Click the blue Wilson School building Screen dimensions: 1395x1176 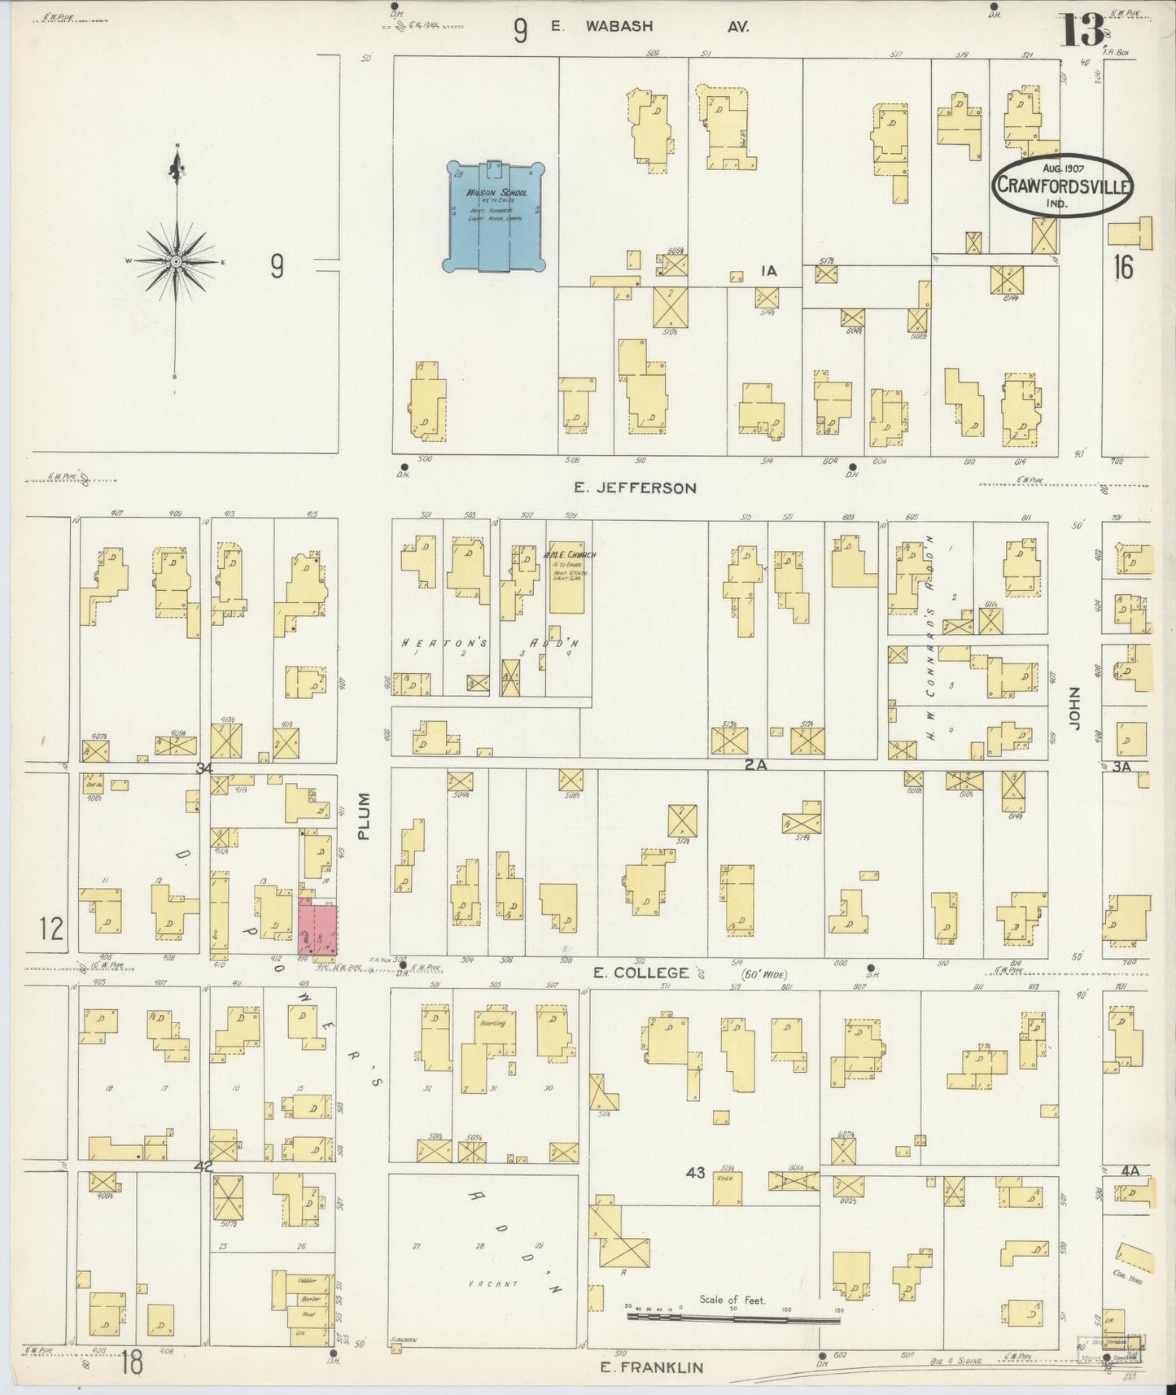click(x=493, y=216)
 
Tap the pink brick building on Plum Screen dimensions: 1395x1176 click(x=317, y=927)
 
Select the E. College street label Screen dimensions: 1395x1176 click(x=641, y=972)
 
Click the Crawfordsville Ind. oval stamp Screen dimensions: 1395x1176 click(x=1060, y=186)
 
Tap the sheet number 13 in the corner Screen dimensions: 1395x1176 click(x=1082, y=30)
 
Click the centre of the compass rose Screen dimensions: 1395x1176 click(x=175, y=261)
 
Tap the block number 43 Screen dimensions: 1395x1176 click(x=695, y=1173)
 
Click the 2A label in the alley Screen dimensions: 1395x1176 click(x=754, y=765)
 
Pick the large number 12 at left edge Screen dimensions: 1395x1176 click(x=50, y=928)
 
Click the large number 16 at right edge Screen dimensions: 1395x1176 click(x=1123, y=266)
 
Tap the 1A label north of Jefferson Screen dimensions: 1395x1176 click(x=767, y=272)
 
